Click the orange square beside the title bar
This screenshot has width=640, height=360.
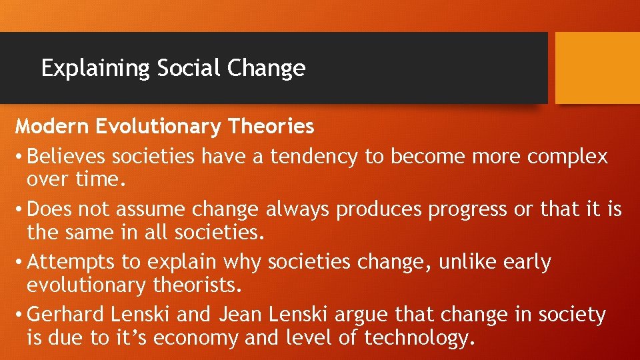click(597, 68)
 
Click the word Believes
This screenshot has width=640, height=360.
click(67, 157)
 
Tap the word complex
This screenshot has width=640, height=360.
click(567, 157)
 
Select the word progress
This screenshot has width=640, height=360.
click(469, 209)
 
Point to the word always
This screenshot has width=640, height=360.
click(299, 209)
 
